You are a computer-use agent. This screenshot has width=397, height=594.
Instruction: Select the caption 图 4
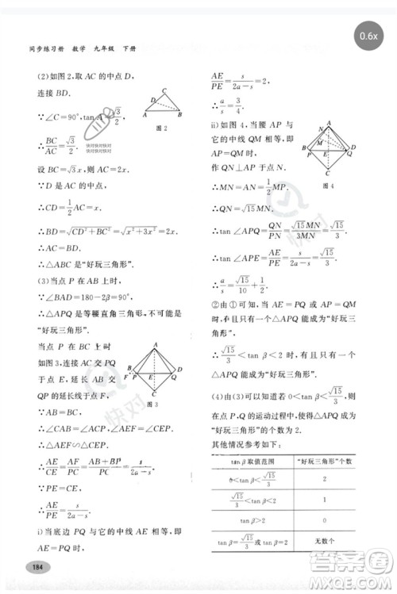[327, 186]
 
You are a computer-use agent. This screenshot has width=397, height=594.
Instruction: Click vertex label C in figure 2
[164, 90]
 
